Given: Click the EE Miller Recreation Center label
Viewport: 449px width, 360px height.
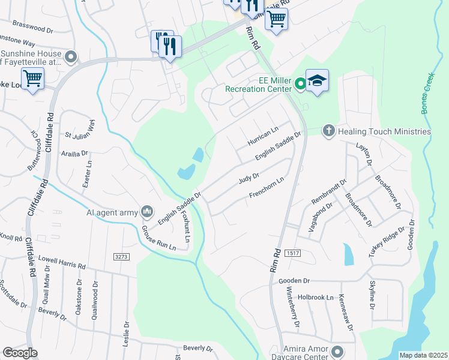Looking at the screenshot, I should pyautogui.click(x=258, y=85).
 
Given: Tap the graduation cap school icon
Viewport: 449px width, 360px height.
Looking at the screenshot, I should pyautogui.click(x=317, y=81).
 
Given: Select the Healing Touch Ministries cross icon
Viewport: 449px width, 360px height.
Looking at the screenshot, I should pyautogui.click(x=328, y=130).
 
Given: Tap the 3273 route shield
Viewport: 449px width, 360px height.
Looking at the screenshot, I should pyautogui.click(x=121, y=256).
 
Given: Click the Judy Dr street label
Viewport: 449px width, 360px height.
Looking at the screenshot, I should pyautogui.click(x=248, y=178).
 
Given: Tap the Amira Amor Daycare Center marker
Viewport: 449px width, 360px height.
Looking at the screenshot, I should pyautogui.click(x=337, y=351).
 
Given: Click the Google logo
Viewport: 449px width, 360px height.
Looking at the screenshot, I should pyautogui.click(x=20, y=352).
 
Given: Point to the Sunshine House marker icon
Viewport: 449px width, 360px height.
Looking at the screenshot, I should pyautogui.click(x=71, y=57).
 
